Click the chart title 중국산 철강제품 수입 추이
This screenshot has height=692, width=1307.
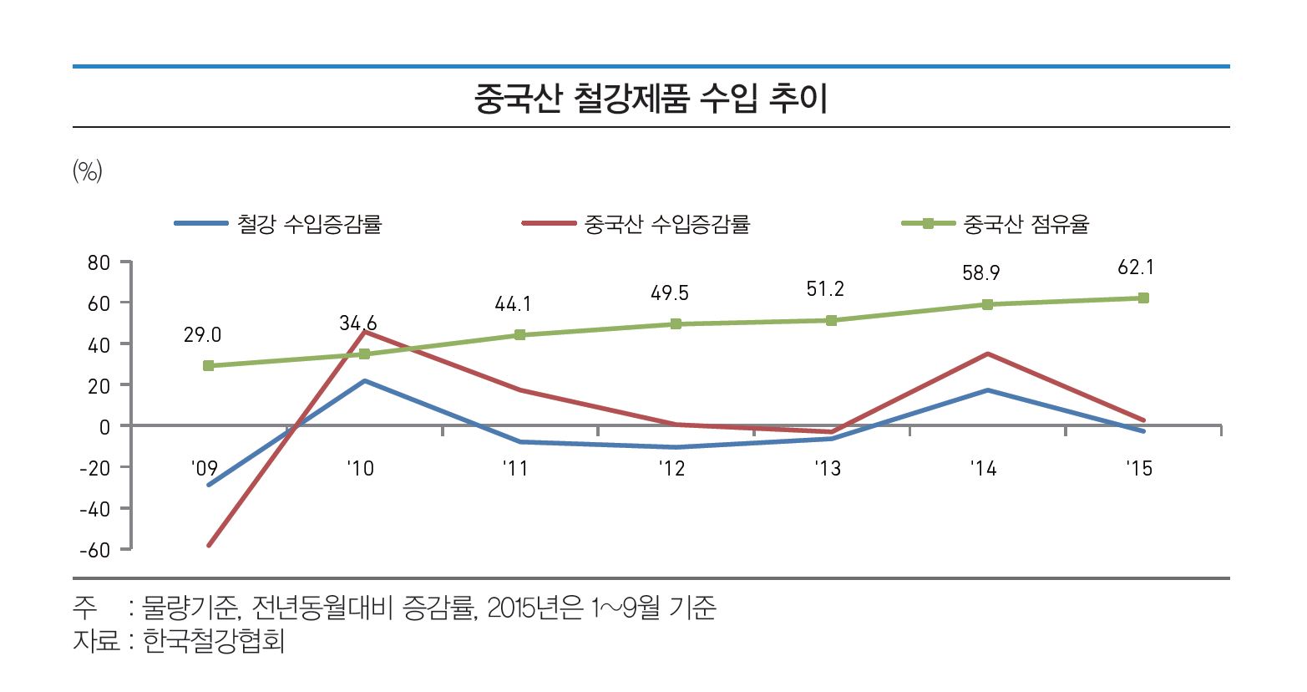(651, 99)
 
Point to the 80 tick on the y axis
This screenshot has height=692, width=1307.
(99, 263)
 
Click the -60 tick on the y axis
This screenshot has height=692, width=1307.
(94, 550)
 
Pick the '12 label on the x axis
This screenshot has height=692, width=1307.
(671, 469)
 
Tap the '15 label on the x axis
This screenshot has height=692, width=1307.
(1139, 469)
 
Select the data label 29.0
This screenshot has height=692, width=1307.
(202, 336)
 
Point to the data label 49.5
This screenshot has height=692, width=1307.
(670, 294)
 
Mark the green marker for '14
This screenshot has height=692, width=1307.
(987, 304)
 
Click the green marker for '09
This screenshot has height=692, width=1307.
(208, 366)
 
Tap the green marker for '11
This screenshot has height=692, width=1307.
(519, 335)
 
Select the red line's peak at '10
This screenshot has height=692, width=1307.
(364, 332)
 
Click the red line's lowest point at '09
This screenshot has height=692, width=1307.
(208, 546)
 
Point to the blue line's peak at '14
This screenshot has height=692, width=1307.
(987, 390)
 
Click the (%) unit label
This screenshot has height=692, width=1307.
(88, 172)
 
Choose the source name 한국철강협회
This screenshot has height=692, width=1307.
(214, 641)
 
